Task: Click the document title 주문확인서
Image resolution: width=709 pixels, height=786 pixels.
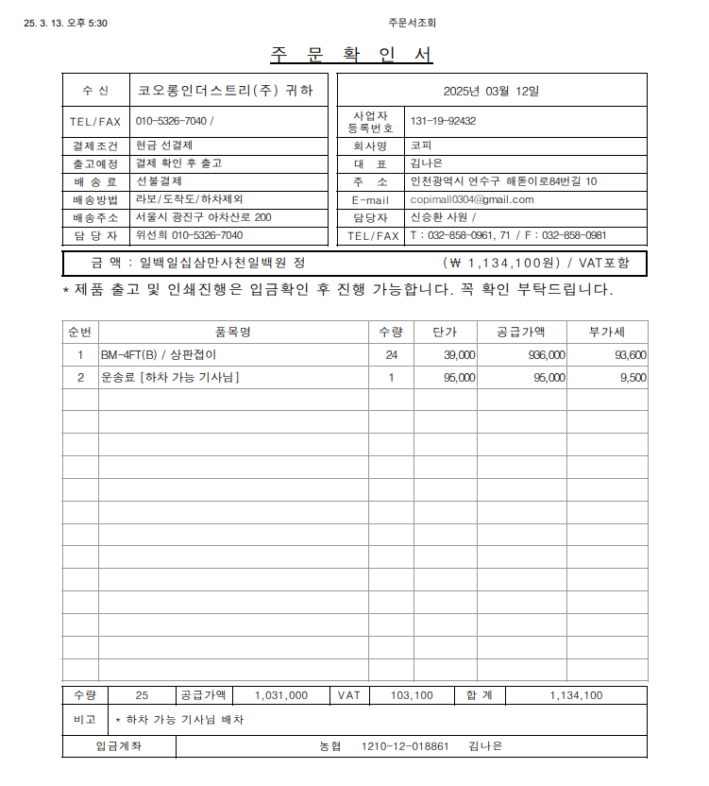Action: tap(351, 55)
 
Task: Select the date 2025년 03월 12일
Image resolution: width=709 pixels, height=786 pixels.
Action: tap(492, 92)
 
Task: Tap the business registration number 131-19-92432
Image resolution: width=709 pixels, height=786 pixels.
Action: tap(443, 121)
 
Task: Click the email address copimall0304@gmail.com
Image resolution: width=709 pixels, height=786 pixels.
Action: tap(472, 199)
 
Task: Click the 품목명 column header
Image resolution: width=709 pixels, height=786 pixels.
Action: tap(232, 332)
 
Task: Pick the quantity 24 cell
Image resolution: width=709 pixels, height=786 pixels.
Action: tap(391, 355)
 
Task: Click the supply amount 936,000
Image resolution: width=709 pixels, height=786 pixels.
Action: tap(547, 355)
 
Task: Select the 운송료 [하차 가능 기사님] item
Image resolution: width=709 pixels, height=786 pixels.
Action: tap(169, 377)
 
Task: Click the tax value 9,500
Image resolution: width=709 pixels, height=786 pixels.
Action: tap(633, 377)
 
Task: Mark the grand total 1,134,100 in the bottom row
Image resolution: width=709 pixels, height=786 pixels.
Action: tap(576, 695)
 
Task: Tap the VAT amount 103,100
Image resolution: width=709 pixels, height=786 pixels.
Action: tap(412, 695)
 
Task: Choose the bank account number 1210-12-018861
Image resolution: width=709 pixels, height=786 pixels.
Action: tap(405, 746)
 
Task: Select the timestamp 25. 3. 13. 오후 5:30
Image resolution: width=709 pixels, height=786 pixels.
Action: tap(65, 23)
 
